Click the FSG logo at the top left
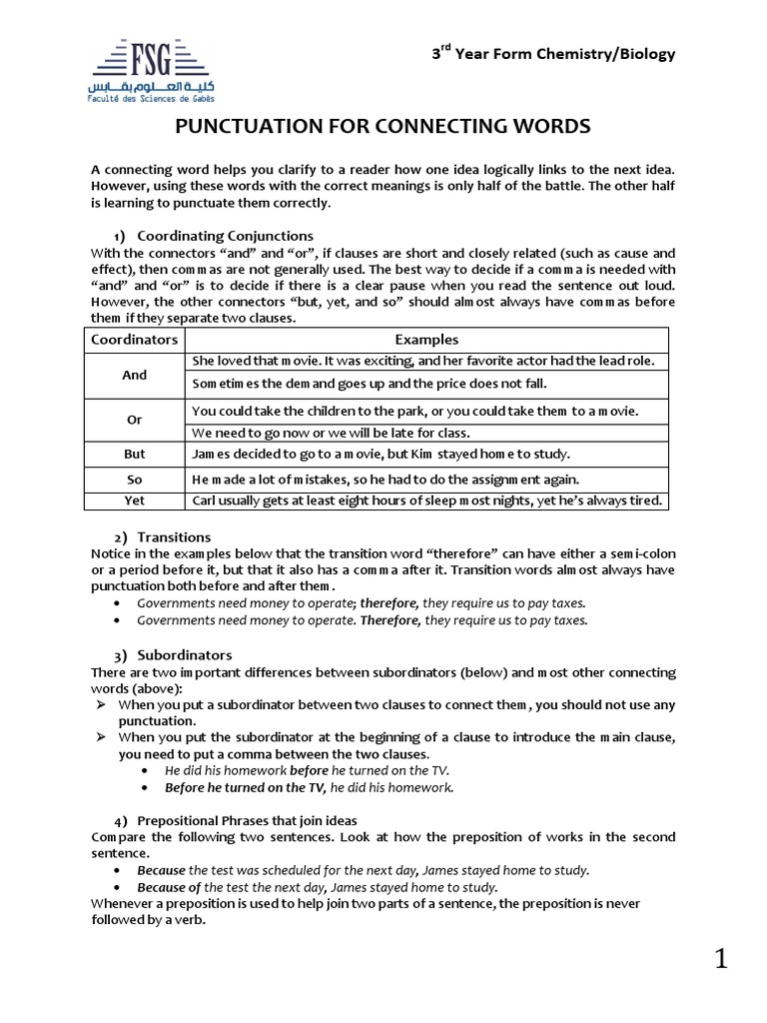152,69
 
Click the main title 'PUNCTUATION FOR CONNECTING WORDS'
383,127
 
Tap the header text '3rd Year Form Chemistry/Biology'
553,54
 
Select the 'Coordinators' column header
135,340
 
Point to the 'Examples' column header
426,340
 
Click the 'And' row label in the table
135,376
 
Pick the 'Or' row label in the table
135,421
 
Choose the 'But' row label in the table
135,454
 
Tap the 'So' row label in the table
135,480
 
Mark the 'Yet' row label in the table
135,501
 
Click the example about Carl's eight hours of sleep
426,501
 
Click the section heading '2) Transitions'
163,536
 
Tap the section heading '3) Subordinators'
172,655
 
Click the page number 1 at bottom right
721,961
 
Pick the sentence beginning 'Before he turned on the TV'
310,787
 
